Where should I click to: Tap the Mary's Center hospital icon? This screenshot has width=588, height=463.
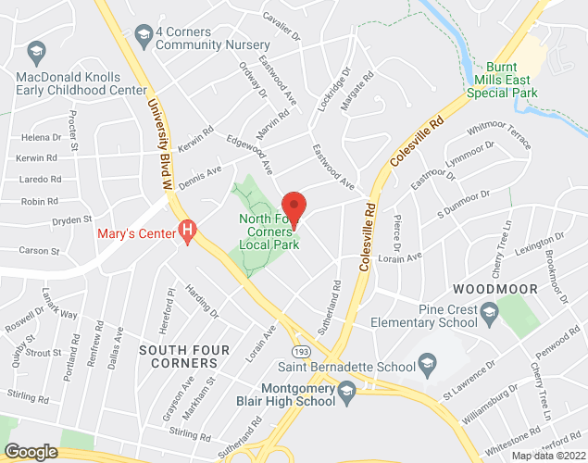(x=189, y=228)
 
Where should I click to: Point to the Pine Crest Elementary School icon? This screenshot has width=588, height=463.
(x=487, y=316)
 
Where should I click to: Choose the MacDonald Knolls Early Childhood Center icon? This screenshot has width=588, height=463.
(x=36, y=50)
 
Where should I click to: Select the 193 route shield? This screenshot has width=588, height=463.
(x=302, y=352)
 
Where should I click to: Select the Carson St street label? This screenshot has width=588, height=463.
(x=39, y=251)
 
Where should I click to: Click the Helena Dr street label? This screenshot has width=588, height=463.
(x=33, y=137)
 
